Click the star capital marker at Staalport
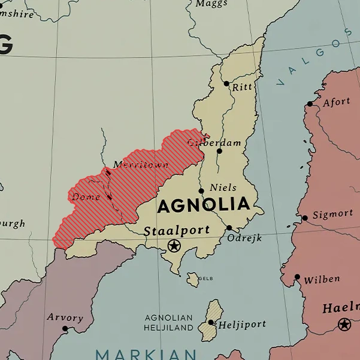[x=174, y=245]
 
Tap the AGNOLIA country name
[x=203, y=205]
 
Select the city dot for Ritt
[x=226, y=84]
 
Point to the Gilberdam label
[x=214, y=143]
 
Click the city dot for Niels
[x=201, y=191]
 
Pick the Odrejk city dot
[x=229, y=228]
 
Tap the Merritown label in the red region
[x=141, y=165]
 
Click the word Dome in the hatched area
[x=85, y=196]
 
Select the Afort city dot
[x=310, y=104]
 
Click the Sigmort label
[x=332, y=214]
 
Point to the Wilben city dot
[x=297, y=277]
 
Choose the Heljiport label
[x=241, y=325]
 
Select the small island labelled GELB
[x=193, y=279]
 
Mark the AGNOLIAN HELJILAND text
[x=168, y=322]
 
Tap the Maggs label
[x=211, y=4]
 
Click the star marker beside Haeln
[x=344, y=324]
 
